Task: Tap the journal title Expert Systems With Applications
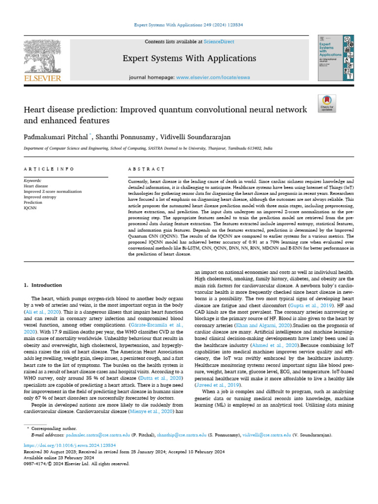pos(189,59)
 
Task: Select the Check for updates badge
pos(327,102)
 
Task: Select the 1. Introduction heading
pos(43,285)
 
